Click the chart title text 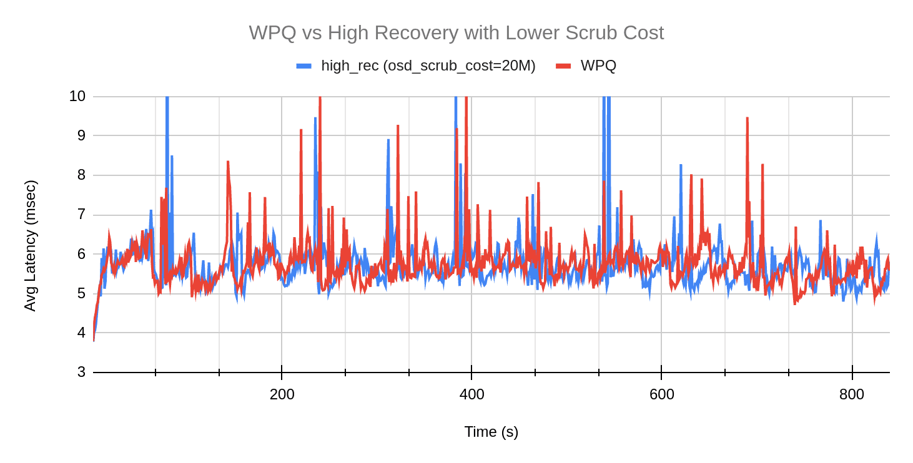click(x=456, y=32)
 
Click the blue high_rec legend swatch click(x=304, y=66)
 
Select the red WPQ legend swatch click(x=563, y=66)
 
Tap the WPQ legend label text click(x=598, y=66)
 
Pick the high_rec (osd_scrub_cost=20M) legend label click(x=428, y=66)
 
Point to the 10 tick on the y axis click(x=77, y=96)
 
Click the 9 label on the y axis click(x=81, y=135)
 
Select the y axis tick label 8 click(x=81, y=175)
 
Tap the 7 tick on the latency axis click(x=81, y=214)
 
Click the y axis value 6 click(x=81, y=253)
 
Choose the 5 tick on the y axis click(x=81, y=293)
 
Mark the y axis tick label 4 click(x=81, y=333)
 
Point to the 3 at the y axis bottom click(x=81, y=372)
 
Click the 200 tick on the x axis click(x=282, y=394)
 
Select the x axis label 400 click(x=471, y=394)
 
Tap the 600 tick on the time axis click(x=661, y=394)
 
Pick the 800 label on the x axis click(x=852, y=394)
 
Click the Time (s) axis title click(x=491, y=432)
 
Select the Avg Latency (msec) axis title click(x=30, y=245)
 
